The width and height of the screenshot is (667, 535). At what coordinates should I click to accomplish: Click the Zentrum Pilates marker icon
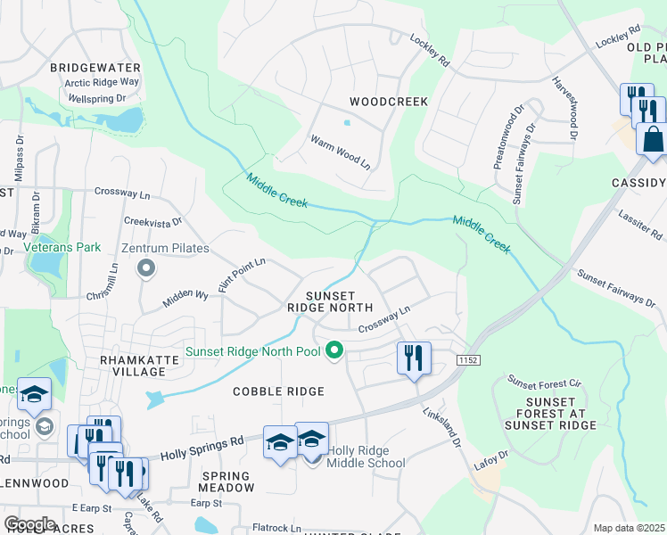tap(148, 267)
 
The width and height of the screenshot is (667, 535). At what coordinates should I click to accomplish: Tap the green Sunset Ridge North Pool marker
tap(335, 351)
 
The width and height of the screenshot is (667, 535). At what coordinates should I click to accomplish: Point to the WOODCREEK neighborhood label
tap(389, 102)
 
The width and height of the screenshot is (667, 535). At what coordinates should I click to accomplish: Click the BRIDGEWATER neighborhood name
tap(95, 68)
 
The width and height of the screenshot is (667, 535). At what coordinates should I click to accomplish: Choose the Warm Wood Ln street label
tap(340, 152)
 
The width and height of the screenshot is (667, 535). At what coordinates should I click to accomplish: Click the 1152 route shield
tap(468, 359)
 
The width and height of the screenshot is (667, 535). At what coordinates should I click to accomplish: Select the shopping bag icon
tap(651, 141)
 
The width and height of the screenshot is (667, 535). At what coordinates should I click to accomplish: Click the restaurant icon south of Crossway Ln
tap(414, 358)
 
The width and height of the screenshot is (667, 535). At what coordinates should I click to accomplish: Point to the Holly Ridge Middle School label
tap(366, 457)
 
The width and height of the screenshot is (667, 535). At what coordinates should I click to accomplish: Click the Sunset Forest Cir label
tap(544, 383)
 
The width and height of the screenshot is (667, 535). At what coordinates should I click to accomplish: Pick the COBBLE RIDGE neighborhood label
tap(277, 391)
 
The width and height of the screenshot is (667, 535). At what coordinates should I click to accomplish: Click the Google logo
tap(30, 524)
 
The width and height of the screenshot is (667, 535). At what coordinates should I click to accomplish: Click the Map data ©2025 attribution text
tap(630, 528)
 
